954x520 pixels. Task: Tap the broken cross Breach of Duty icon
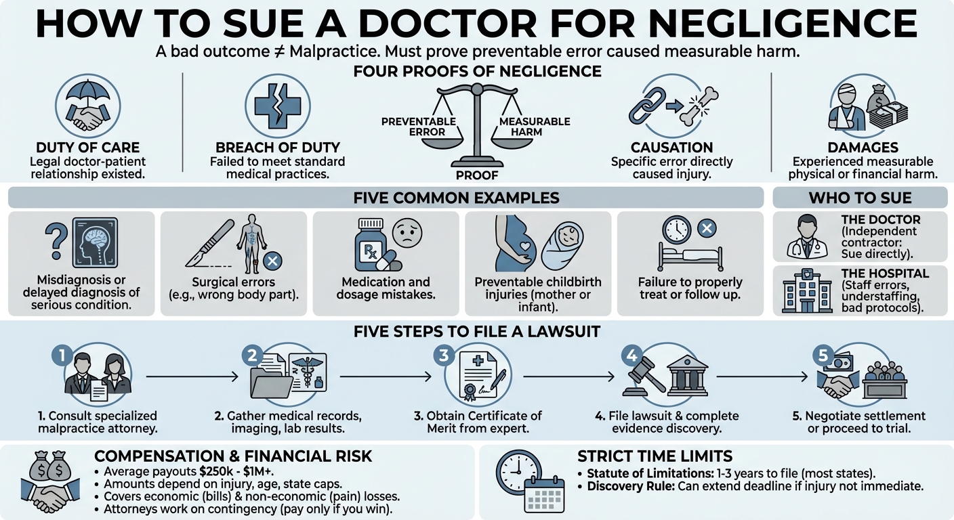[276, 106]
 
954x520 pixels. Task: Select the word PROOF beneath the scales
[477, 175]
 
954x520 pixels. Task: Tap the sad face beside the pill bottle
[408, 234]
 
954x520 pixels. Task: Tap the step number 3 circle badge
[443, 355]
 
